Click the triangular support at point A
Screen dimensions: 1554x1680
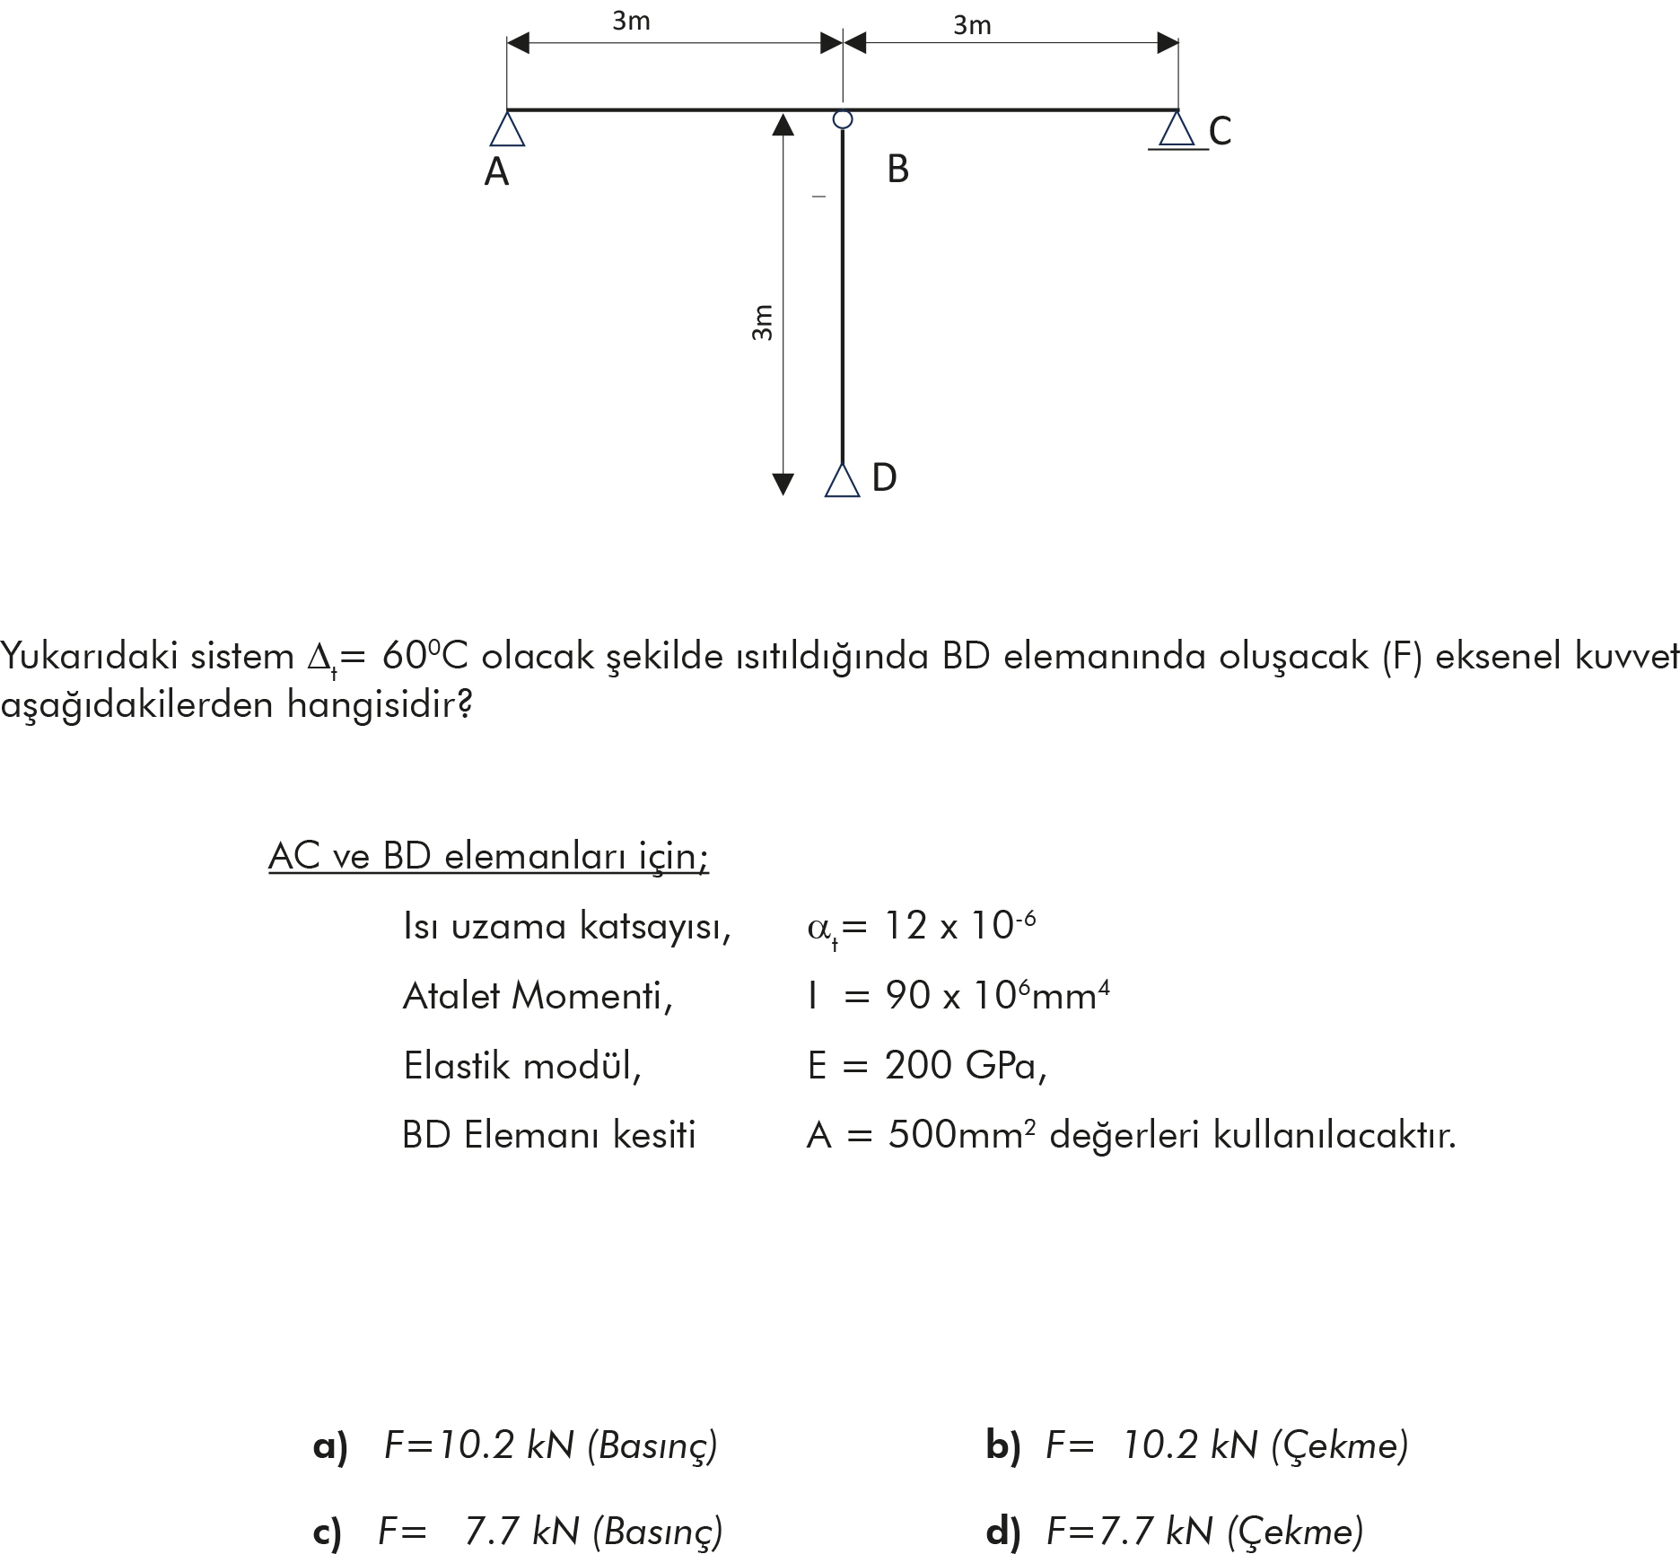pos(507,129)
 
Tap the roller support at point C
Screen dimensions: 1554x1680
pos(1177,130)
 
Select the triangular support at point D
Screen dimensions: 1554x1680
pos(842,480)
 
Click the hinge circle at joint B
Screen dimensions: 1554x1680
pos(842,118)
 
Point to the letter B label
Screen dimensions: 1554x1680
pos(897,169)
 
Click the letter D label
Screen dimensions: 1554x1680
pos(884,477)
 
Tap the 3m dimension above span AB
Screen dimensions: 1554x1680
pos(631,22)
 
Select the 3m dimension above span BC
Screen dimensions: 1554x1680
pos(972,25)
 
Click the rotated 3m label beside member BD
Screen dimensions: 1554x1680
pos(761,323)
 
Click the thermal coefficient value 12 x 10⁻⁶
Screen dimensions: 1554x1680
pos(959,926)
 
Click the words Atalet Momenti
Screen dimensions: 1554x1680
pos(537,996)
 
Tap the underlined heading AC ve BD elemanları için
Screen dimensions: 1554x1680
pos(488,856)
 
